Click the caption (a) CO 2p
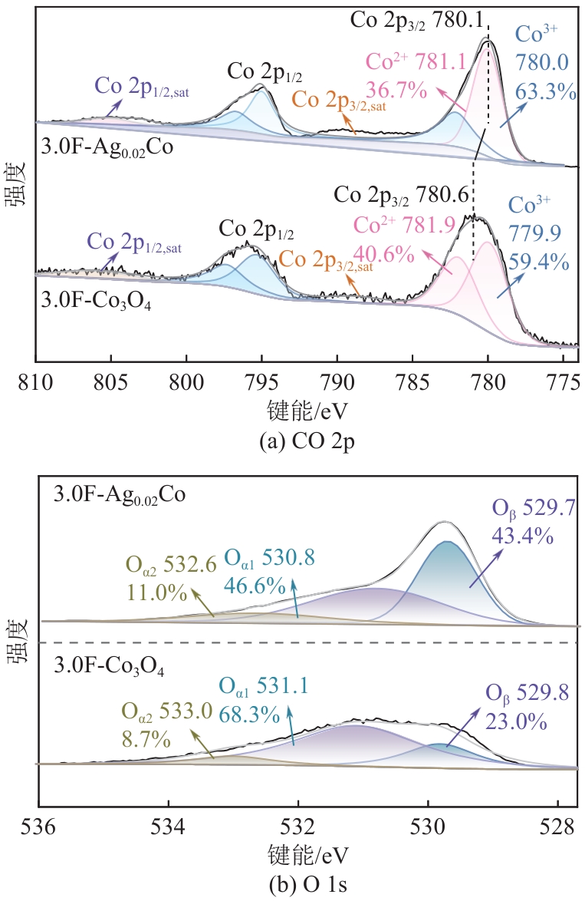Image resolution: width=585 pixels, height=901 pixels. [x=298, y=440]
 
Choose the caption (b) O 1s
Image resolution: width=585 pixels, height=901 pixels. [x=299, y=888]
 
